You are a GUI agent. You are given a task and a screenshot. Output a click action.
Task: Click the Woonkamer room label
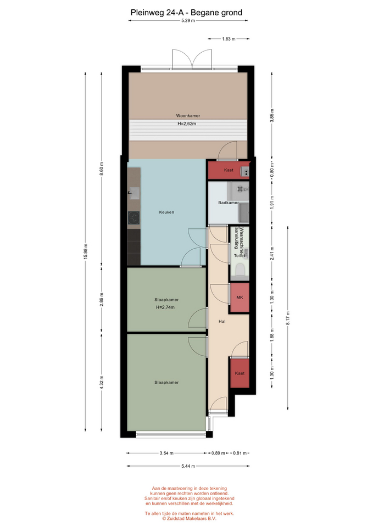pyautogui.click(x=188, y=116)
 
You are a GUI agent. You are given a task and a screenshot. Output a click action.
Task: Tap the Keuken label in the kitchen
pyautogui.click(x=166, y=212)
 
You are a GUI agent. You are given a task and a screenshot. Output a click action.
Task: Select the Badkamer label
pyautogui.click(x=229, y=203)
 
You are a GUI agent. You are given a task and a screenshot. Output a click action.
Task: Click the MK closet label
pyautogui.click(x=240, y=298)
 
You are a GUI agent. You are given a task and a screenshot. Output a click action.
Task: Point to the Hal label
pyautogui.click(x=221, y=321)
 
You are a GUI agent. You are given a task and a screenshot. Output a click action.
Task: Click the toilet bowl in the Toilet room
pyautogui.click(x=240, y=270)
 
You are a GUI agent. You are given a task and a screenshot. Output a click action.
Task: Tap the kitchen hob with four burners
pyautogui.click(x=133, y=218)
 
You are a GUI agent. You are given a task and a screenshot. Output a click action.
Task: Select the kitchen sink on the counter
pyautogui.click(x=134, y=193)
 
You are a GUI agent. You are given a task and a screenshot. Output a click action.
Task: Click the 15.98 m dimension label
pyautogui.click(x=86, y=251)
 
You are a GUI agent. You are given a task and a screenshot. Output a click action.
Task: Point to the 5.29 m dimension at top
pyautogui.click(x=188, y=20)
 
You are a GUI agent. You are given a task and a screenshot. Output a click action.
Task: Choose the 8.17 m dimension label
pyautogui.click(x=287, y=318)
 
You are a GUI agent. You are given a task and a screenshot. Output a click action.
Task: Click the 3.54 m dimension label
pyautogui.click(x=166, y=453)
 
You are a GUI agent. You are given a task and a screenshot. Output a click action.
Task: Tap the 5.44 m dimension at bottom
pyautogui.click(x=188, y=466)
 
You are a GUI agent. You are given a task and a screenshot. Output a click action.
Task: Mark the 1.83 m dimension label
pyautogui.click(x=229, y=39)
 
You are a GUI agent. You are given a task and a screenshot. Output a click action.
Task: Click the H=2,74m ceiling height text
pyautogui.click(x=165, y=307)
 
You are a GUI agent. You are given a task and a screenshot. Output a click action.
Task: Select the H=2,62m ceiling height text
pyautogui.click(x=187, y=124)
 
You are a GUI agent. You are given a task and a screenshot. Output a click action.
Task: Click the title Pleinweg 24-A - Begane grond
pyautogui.click(x=186, y=13)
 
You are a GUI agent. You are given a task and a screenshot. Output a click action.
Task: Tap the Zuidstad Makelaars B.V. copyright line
pyautogui.click(x=190, y=519)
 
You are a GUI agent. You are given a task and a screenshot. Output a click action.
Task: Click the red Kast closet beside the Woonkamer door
pyautogui.click(x=229, y=170)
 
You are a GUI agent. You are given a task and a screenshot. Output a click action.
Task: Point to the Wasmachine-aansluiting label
pyautogui.click(x=238, y=238)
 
